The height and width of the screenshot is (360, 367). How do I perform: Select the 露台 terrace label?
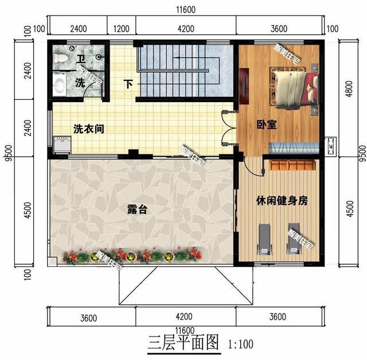tap(137, 210)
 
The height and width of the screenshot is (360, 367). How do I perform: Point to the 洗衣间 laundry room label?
tap(88, 128)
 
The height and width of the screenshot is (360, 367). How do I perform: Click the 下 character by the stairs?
tap(129, 84)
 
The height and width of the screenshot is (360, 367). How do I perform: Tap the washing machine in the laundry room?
tap(61, 143)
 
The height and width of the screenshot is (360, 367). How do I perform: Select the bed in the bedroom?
tap(295, 86)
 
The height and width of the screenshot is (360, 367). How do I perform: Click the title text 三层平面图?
tap(184, 343)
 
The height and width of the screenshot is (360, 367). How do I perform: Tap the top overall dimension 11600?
tap(185, 10)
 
